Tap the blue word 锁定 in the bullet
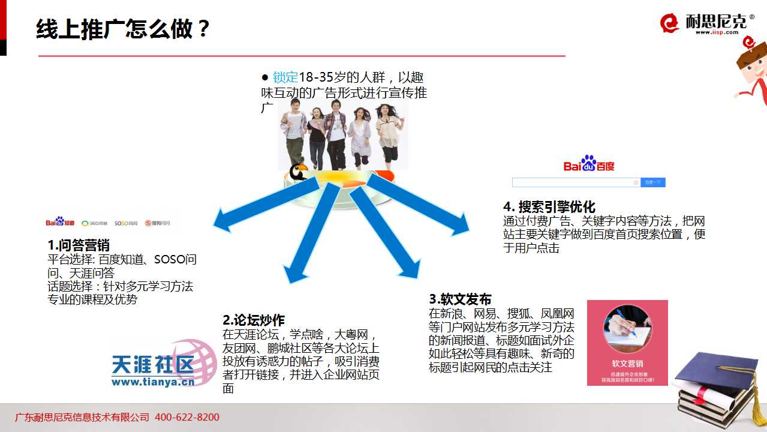285,77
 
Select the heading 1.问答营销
79,245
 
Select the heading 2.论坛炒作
254,320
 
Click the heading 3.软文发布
460,299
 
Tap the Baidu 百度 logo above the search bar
589,164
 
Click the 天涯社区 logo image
162,363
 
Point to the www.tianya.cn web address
153,381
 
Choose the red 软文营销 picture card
627,343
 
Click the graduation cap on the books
713,371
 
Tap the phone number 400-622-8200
187,417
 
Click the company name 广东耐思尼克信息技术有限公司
82,417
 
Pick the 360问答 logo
94,223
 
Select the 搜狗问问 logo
157,223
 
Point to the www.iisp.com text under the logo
717,32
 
